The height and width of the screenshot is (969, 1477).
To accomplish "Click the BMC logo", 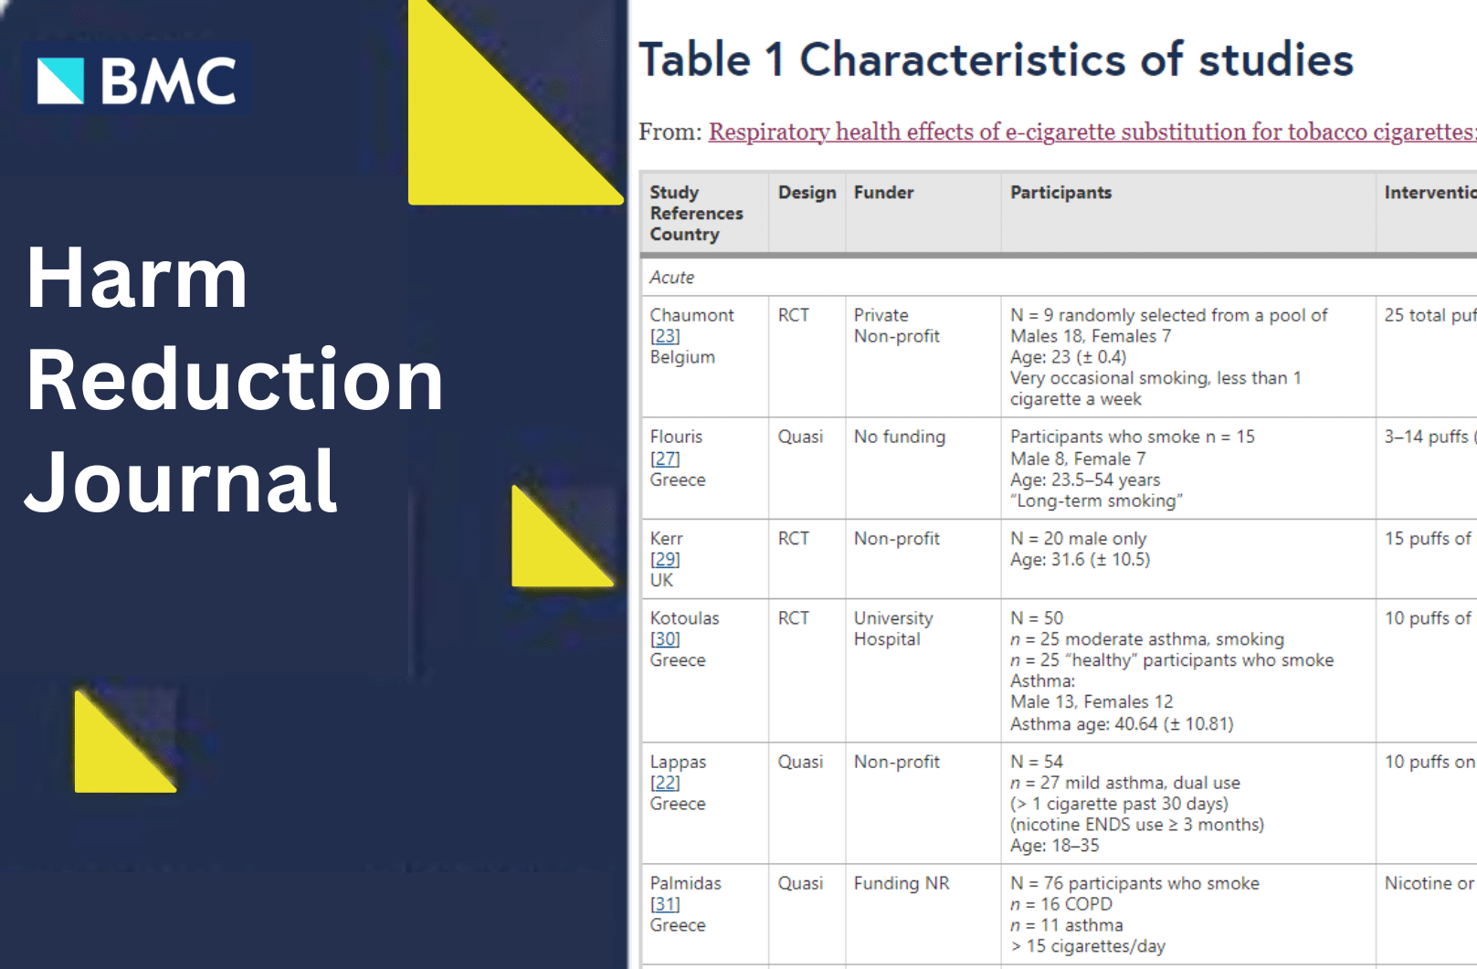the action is [136, 80].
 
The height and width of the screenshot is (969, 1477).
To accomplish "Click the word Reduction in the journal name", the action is [234, 380].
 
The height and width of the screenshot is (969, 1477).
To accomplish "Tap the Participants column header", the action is [1060, 193].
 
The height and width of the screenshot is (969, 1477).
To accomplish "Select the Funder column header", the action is [883, 193].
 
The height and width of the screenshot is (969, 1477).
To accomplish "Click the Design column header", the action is [807, 193].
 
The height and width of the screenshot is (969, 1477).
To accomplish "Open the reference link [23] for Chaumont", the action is [665, 336].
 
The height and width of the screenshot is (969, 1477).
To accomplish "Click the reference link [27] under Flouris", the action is [665, 458].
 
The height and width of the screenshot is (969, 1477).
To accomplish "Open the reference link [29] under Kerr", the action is [665, 560].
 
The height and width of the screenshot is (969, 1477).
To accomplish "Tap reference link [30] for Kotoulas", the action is [665, 639].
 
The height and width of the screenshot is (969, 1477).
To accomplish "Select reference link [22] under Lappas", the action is [665, 783].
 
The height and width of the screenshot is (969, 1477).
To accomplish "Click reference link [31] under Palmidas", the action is [665, 904].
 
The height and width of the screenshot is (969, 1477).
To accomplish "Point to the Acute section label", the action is [672, 278].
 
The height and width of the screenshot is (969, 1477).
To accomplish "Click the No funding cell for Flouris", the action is [900, 437].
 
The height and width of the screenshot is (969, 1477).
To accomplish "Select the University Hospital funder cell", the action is [893, 629].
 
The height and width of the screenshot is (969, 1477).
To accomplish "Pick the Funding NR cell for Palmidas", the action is [902, 883].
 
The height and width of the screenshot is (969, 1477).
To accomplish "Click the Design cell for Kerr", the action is [793, 539].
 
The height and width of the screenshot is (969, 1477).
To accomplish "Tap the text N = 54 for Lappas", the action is [1037, 762].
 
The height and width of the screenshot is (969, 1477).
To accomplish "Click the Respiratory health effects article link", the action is [1092, 132].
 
